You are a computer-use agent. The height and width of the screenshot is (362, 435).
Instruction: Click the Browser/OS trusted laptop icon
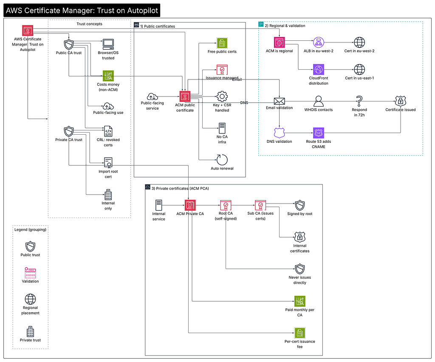[108, 44]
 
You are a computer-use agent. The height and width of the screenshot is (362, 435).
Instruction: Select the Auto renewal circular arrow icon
[222, 160]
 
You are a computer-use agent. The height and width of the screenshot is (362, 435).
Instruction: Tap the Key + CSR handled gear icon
[222, 96]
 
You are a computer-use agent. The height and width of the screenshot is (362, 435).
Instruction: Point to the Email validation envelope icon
[280, 101]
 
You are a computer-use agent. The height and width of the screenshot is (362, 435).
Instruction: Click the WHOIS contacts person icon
[319, 101]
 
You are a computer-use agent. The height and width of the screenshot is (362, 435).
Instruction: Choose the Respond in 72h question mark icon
[359, 101]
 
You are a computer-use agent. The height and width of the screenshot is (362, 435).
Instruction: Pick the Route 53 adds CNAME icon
[319, 133]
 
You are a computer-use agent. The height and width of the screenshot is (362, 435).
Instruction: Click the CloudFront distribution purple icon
[319, 70]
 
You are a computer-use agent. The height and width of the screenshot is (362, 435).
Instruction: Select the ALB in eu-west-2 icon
[319, 42]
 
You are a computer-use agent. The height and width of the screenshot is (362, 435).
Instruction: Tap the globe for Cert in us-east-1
[359, 70]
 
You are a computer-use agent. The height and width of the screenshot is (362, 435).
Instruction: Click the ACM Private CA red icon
[190, 205]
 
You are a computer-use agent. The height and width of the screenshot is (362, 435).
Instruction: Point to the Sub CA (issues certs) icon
[260, 205]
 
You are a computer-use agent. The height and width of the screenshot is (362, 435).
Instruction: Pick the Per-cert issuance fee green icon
[299, 333]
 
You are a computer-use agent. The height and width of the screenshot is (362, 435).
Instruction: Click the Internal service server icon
[159, 205]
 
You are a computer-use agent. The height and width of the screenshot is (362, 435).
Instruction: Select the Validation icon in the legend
[30, 273]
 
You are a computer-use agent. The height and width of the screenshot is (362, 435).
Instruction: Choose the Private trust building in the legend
[30, 331]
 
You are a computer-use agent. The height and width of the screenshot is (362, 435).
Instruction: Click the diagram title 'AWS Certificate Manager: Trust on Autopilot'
[82, 11]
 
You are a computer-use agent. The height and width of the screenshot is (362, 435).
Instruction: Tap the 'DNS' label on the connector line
[244, 103]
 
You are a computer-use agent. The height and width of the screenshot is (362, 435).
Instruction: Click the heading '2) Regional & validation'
[285, 26]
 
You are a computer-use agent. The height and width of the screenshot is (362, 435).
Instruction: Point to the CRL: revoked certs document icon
[108, 131]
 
